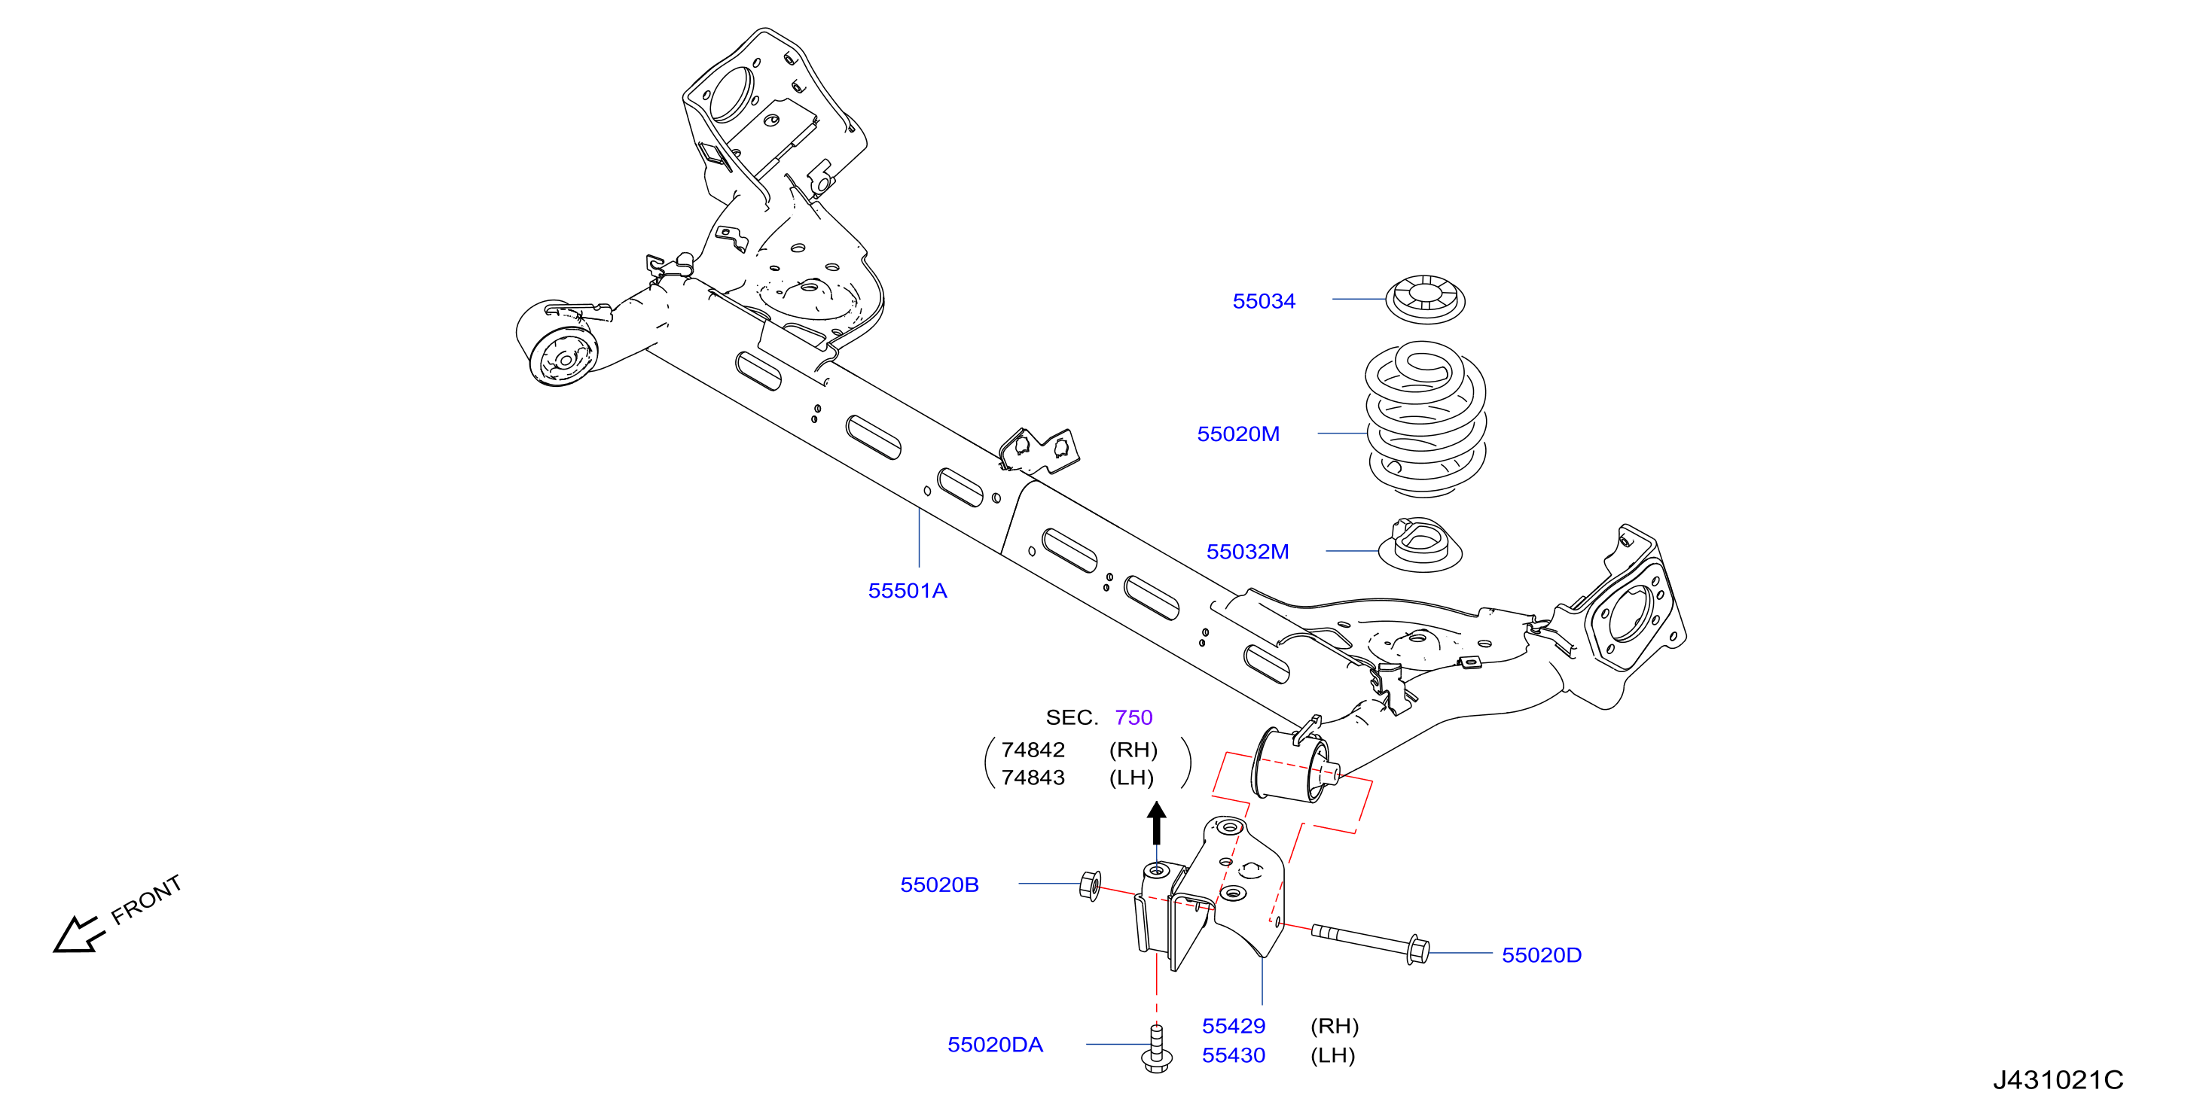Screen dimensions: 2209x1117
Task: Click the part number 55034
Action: pos(1263,301)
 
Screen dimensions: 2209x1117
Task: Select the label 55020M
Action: pos(1237,434)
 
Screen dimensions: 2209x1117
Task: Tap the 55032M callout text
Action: pos(1247,551)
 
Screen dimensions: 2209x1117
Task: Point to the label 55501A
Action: pos(908,591)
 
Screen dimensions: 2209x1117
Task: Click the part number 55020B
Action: pos(939,884)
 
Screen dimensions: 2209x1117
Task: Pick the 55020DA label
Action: pos(995,1044)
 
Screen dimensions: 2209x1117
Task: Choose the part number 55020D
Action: pos(1541,955)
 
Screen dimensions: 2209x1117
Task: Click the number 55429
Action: pos(1233,1026)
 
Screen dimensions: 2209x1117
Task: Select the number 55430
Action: pos(1233,1055)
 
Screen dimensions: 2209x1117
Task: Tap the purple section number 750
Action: pos(1133,717)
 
